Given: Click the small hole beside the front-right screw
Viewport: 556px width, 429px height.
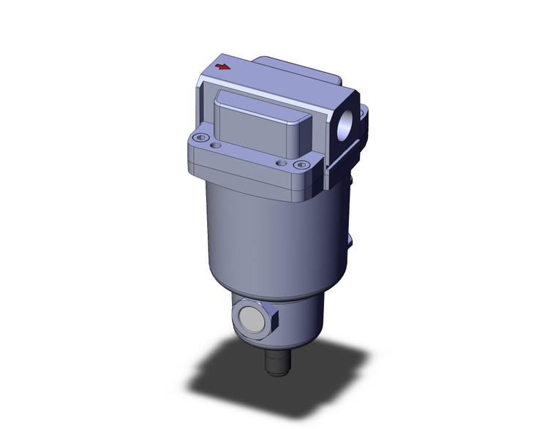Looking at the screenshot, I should coord(282,162).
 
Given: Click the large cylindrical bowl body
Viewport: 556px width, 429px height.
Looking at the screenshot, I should coord(263,241).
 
